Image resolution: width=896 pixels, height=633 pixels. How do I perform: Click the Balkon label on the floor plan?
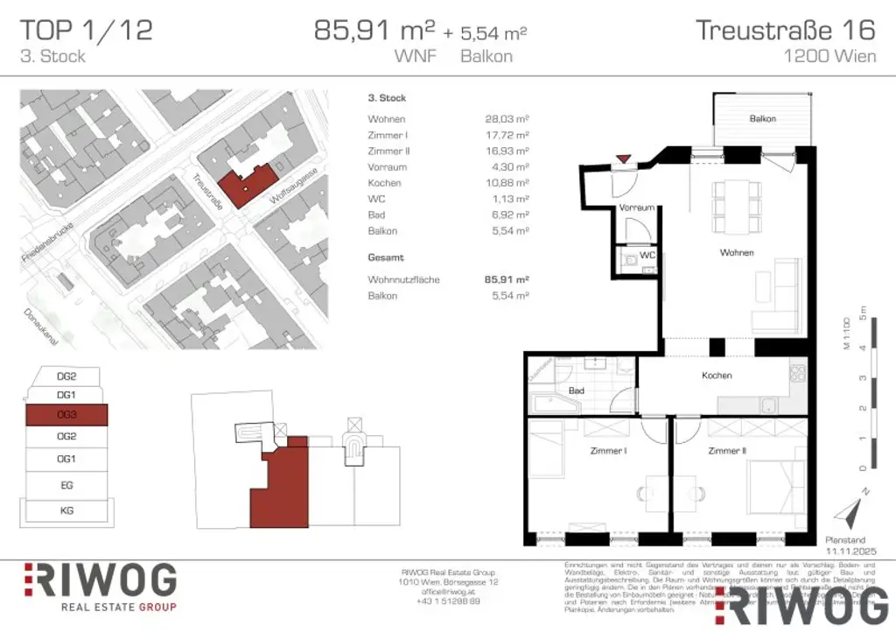(762, 118)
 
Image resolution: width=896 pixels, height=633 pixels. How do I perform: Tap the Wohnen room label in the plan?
(737, 253)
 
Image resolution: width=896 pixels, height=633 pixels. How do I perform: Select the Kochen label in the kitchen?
(717, 376)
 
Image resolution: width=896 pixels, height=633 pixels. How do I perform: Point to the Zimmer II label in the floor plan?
(727, 451)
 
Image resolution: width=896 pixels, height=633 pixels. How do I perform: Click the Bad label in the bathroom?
(576, 390)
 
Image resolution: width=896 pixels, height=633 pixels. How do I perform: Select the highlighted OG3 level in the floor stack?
(66, 414)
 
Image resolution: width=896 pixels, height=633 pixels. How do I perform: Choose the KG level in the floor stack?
(66, 510)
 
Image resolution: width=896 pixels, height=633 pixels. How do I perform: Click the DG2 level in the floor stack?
(66, 376)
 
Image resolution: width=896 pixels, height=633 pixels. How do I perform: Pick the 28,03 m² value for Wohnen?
(507, 119)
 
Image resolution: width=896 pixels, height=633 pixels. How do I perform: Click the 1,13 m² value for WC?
(509, 199)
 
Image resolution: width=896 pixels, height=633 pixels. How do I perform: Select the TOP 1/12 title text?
(86, 31)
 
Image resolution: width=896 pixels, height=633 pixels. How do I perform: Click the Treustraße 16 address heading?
(785, 31)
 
